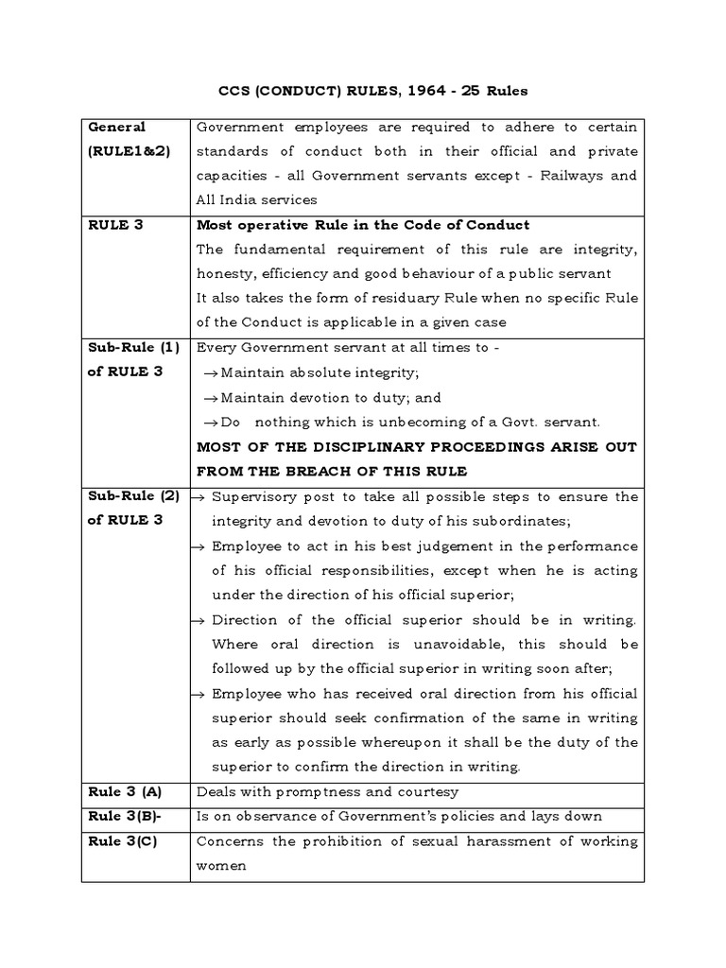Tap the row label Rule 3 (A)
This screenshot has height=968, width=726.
click(124, 792)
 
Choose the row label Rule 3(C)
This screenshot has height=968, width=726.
click(123, 841)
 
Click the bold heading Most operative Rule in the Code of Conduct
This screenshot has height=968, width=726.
click(362, 225)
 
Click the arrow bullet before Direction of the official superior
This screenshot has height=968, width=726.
click(199, 620)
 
